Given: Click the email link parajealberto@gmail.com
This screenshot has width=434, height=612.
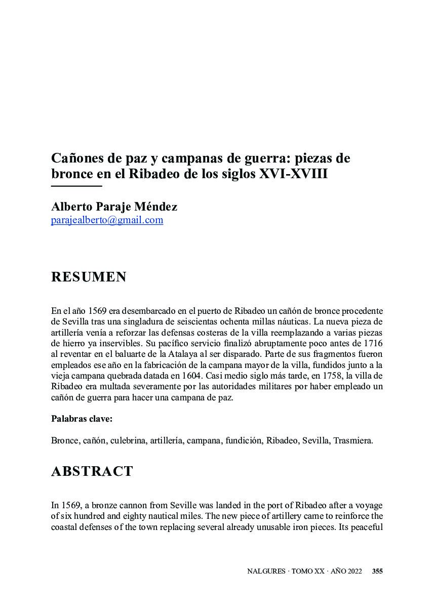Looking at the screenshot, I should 107,220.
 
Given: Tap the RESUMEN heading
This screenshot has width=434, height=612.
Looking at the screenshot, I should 89,277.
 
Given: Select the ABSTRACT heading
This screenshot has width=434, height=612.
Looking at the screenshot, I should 92,471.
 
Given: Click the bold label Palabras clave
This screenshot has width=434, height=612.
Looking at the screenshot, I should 82,419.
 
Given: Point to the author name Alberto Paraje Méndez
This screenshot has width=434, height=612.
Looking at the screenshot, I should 114,207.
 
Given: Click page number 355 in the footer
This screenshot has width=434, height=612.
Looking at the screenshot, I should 377,572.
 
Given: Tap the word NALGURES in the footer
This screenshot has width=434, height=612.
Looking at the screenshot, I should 265,572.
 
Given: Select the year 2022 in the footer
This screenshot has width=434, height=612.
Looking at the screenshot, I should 353,572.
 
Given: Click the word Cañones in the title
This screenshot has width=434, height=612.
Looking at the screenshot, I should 76,158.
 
